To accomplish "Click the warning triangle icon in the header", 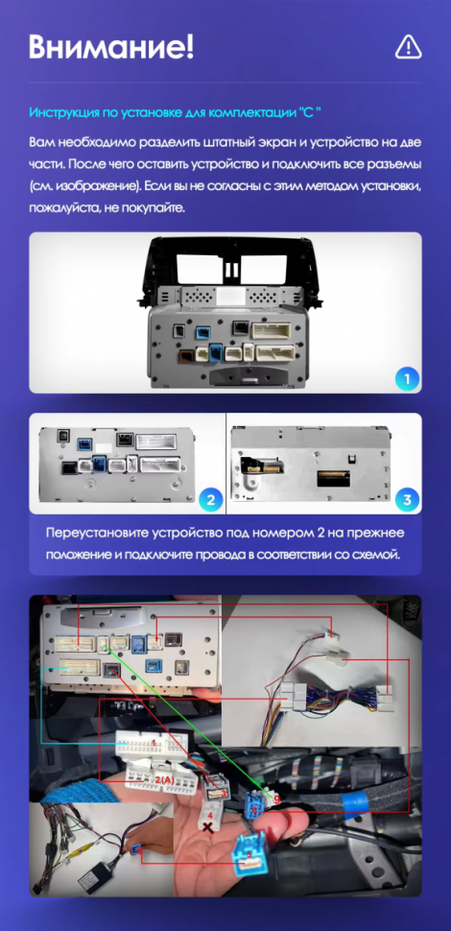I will point(409,45).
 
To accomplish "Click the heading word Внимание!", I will point(111,45).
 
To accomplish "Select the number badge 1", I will point(407,379).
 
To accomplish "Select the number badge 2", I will point(209,499).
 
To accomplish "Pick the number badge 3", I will point(407,499).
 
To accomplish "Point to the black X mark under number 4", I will point(208,825).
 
